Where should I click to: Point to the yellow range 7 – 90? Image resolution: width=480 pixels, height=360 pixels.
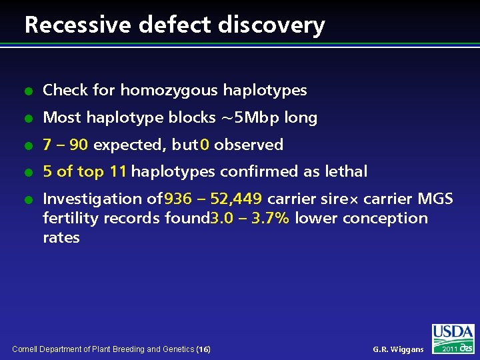click(x=65, y=145)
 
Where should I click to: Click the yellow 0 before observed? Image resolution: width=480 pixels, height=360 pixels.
click(x=205, y=145)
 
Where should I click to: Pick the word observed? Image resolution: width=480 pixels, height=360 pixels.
click(x=249, y=145)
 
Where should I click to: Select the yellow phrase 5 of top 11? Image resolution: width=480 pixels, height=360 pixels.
click(x=85, y=171)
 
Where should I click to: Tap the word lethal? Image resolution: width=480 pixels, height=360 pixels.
click(x=346, y=171)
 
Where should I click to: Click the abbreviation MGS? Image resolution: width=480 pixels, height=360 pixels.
click(x=435, y=199)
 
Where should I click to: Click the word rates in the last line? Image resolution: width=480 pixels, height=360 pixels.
click(x=61, y=237)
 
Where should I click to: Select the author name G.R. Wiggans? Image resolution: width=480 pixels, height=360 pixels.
click(x=398, y=349)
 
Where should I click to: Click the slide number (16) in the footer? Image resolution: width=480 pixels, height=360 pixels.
click(x=204, y=349)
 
